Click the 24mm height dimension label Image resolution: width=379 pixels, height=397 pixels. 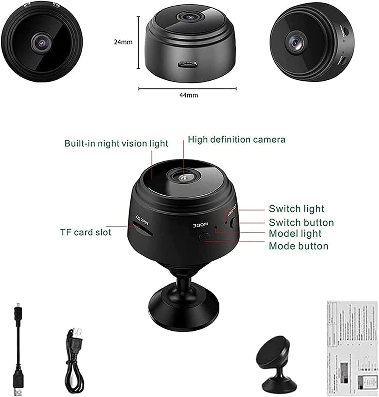(x=123, y=42)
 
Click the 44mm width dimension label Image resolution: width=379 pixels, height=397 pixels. (x=188, y=95)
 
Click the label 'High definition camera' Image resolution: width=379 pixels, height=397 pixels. (x=236, y=139)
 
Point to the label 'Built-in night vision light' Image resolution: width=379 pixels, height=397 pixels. (x=116, y=143)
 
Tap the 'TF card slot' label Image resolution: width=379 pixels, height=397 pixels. (x=86, y=232)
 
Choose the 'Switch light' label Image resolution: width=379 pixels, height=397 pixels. (x=296, y=209)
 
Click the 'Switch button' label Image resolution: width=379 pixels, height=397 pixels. (x=301, y=222)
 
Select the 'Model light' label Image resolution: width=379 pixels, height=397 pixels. (x=295, y=233)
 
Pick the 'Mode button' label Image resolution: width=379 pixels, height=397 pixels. (x=298, y=246)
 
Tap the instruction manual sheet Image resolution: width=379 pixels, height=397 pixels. (x=352, y=347)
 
